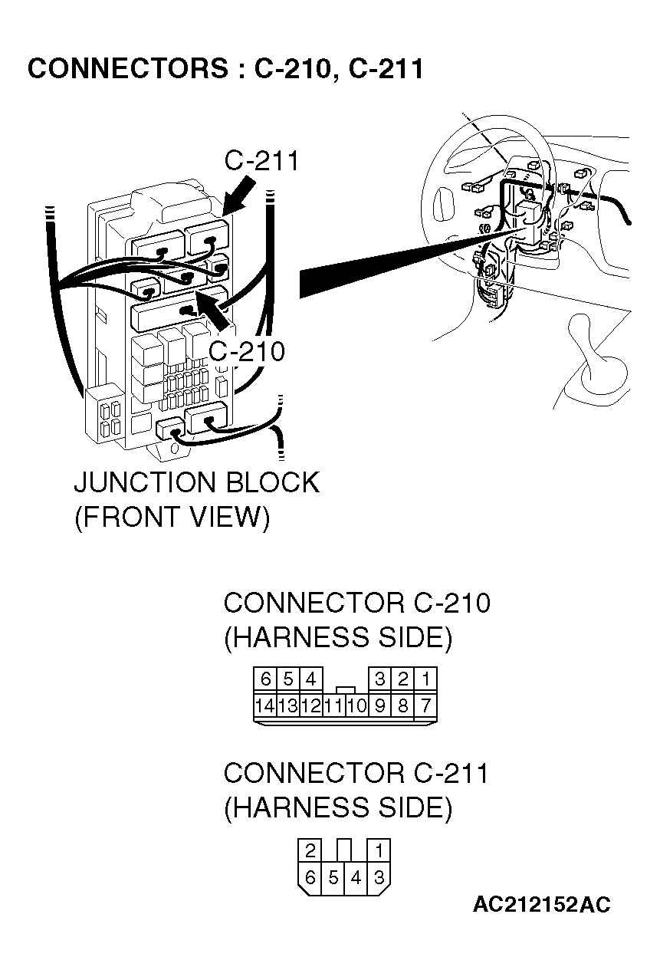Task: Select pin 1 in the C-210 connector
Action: click(425, 679)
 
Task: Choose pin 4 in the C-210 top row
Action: click(310, 679)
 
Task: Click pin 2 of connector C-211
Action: click(310, 850)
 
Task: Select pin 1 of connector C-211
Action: click(379, 850)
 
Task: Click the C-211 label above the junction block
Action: click(261, 161)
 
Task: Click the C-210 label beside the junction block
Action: click(247, 351)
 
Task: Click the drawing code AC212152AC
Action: click(541, 906)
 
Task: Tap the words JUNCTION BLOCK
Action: click(196, 483)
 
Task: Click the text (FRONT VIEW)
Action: click(172, 518)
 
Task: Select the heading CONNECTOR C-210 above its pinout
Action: click(356, 603)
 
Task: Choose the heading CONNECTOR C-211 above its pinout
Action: click(356, 773)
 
